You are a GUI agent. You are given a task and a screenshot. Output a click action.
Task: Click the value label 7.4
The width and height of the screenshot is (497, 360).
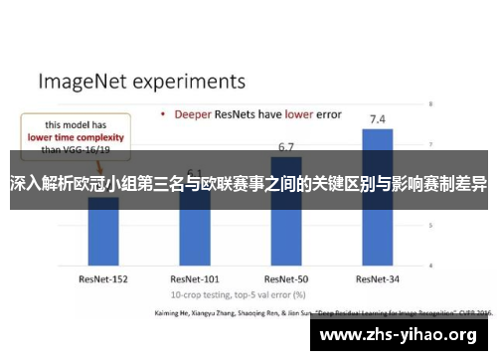378,119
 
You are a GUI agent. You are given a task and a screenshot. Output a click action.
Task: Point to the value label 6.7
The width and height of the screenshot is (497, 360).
286,147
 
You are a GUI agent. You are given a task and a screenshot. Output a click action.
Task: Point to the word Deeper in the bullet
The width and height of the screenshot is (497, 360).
196,114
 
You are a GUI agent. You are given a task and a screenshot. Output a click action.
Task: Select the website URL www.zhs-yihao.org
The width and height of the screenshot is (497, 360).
405,335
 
